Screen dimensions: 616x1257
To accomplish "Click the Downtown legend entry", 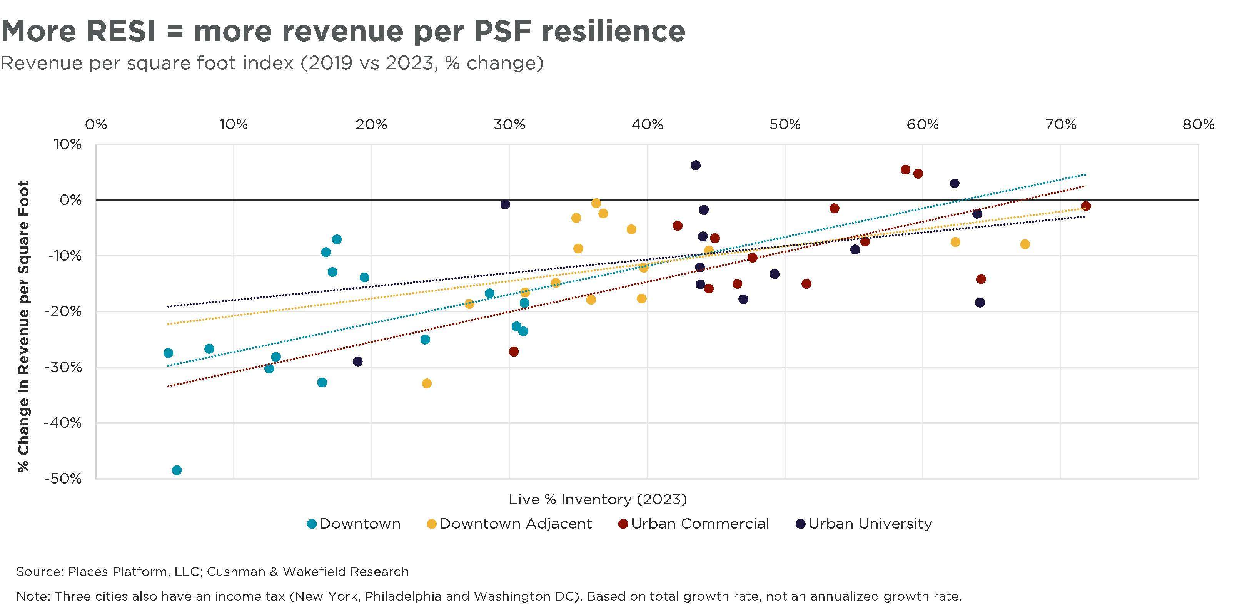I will point(354,524).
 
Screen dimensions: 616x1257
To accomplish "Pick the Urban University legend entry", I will point(864,524).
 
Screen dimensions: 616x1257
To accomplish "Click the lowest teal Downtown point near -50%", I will point(177,470).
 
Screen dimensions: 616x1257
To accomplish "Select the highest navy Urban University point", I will point(696,165).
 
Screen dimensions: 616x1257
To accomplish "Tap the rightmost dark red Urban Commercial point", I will point(1086,206).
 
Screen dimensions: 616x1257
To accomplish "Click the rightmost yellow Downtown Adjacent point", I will point(1025,244).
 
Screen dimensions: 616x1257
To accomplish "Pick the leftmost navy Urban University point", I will point(358,362).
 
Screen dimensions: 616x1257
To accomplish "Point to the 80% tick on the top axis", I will point(1199,124).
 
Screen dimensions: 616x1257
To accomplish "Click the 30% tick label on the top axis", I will point(509,124).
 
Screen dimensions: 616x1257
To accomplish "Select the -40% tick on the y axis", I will point(63,423).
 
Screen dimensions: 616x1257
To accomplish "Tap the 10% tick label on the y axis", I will point(68,144).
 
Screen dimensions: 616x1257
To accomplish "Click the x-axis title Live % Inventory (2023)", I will point(598,499).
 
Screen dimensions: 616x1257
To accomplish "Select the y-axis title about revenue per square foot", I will point(23,326).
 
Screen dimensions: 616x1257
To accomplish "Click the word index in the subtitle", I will point(266,64).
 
